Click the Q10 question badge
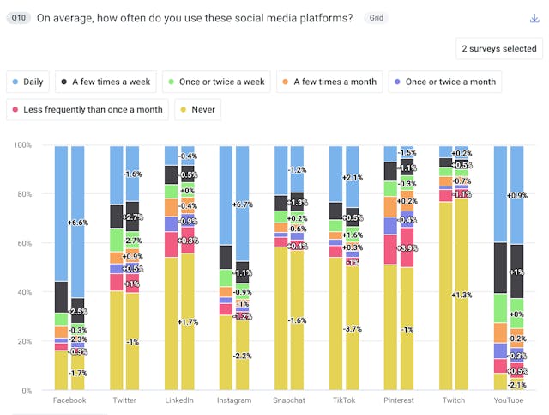pyautogui.click(x=17, y=18)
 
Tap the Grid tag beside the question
pyautogui.click(x=375, y=18)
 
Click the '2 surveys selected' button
pyautogui.click(x=498, y=49)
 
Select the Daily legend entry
pyautogui.click(x=28, y=82)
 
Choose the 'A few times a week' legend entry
pyautogui.click(x=106, y=82)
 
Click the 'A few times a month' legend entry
pyautogui.click(x=329, y=82)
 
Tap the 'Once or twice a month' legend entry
pyautogui.click(x=444, y=82)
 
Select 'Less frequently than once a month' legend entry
pyautogui.click(x=86, y=110)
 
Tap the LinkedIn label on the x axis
pyautogui.click(x=178, y=400)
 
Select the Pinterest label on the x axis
pyautogui.click(x=398, y=400)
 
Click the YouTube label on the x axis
pyautogui.click(x=508, y=400)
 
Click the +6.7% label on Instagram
pyautogui.click(x=243, y=204)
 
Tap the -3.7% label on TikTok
pyautogui.click(x=353, y=329)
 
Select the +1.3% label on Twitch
pyautogui.click(x=462, y=296)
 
